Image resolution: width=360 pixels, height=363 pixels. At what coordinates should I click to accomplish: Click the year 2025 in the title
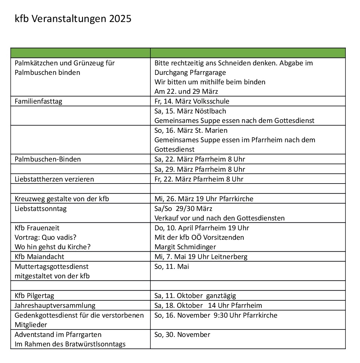click(120, 19)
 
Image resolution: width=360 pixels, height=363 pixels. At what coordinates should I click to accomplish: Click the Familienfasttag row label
click(38, 101)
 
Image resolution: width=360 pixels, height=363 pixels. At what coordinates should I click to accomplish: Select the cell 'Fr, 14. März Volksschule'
click(192, 101)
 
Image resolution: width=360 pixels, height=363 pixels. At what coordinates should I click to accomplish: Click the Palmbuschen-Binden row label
click(48, 159)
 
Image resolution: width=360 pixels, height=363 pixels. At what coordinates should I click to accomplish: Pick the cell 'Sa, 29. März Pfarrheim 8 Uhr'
click(199, 169)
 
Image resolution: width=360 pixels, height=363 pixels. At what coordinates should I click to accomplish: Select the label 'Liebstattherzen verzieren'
click(54, 179)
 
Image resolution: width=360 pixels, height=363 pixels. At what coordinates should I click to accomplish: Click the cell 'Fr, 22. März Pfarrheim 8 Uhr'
click(199, 179)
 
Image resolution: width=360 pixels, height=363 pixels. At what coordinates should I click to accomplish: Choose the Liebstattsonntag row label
click(41, 208)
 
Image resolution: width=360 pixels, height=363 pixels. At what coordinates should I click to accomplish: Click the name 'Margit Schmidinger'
click(185, 247)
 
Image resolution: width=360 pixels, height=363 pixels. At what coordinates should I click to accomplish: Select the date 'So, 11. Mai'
click(172, 266)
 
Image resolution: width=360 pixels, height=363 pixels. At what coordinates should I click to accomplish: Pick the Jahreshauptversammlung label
click(55, 305)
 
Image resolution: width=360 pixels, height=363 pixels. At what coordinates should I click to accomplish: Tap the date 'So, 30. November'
click(182, 335)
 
